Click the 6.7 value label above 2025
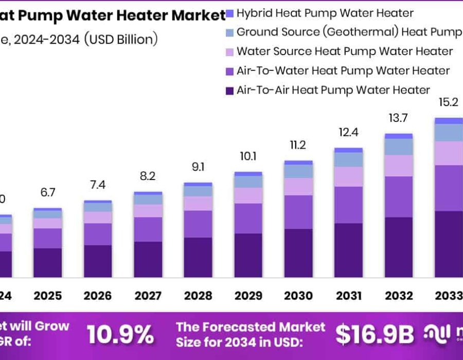point(48,192)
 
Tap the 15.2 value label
point(448,102)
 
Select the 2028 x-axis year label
point(198,296)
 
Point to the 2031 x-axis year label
point(348,296)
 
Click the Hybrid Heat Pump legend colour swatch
point(230,13)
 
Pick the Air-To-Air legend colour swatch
point(230,91)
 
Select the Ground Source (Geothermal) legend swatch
point(230,32)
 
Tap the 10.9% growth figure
point(120,335)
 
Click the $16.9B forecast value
point(375,335)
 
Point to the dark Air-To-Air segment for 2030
point(298,253)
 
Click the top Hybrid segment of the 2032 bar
point(399,136)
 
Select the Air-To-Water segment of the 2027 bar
point(148,229)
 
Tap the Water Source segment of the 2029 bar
point(248,195)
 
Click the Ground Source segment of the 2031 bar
point(348,159)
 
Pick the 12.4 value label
point(348,133)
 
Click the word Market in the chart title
point(198,15)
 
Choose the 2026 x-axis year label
point(98,296)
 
